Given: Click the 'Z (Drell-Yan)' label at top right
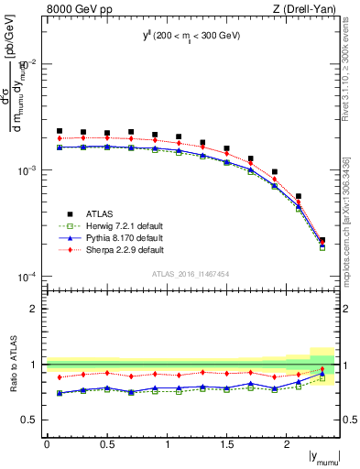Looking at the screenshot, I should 309,10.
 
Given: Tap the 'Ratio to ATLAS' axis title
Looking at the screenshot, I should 12,364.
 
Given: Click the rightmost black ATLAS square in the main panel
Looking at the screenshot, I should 322,241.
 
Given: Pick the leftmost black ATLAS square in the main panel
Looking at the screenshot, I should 60,131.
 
